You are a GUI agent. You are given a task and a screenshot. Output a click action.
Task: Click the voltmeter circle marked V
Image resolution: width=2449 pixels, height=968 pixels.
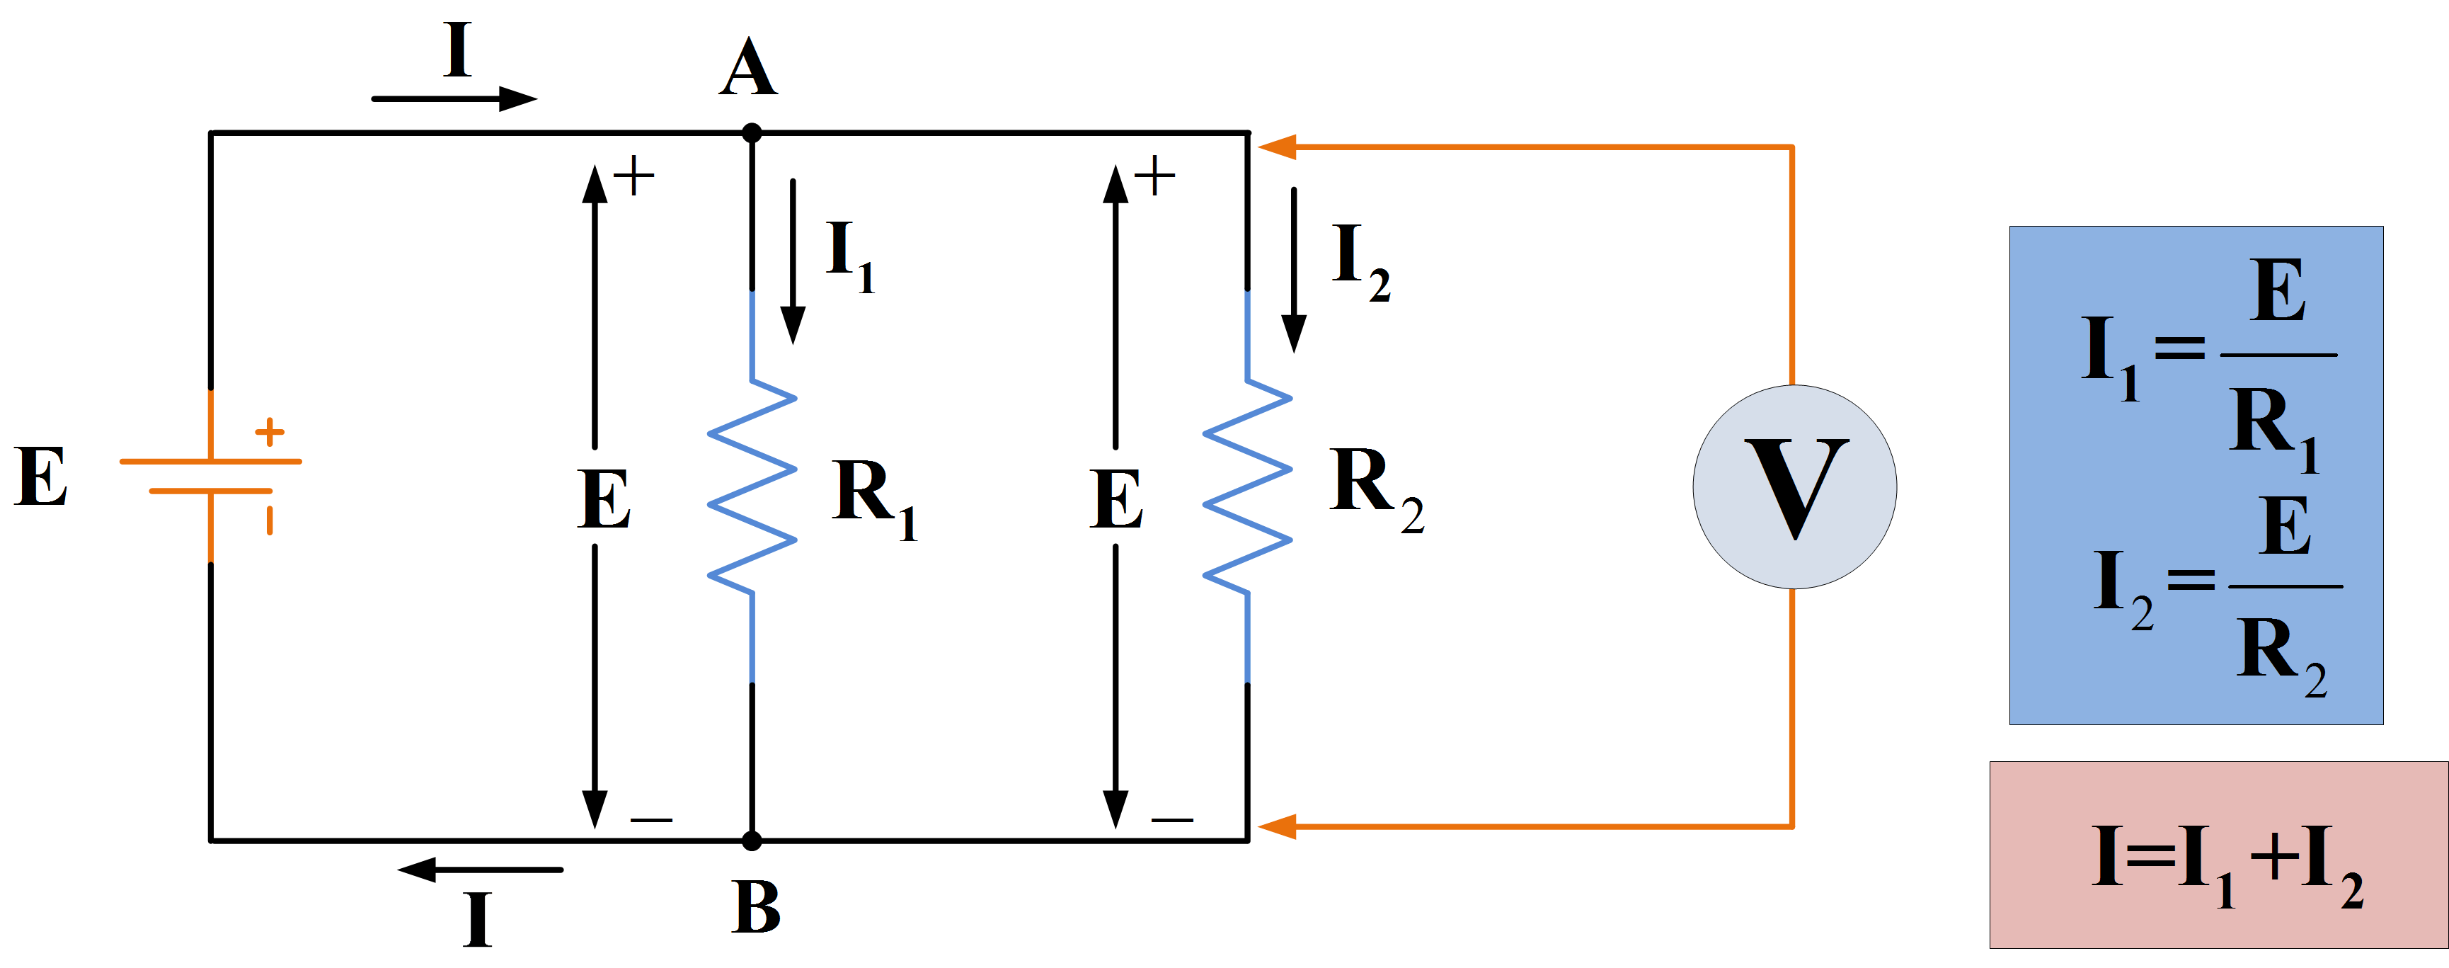(x=1794, y=487)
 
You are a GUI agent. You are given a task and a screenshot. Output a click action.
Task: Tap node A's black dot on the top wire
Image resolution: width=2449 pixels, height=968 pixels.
(x=751, y=132)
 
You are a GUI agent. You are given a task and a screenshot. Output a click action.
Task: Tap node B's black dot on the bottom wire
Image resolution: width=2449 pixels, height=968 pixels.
(x=751, y=841)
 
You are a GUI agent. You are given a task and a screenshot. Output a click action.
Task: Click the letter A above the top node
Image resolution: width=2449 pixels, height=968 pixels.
(x=748, y=69)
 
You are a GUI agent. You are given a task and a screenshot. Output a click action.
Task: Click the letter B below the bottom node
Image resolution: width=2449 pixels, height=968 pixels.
(x=756, y=907)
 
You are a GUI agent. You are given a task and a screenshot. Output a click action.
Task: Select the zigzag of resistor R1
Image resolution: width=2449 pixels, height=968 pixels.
(x=752, y=487)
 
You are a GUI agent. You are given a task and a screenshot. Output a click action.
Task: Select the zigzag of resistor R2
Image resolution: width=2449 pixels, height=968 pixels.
(x=1247, y=487)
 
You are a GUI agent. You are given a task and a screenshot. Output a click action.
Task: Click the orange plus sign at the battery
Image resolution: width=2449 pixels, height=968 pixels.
(x=270, y=432)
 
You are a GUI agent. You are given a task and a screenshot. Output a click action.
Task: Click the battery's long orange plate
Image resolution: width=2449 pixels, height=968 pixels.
(x=211, y=461)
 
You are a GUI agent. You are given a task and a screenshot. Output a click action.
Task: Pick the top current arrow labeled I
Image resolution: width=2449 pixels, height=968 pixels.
(x=454, y=98)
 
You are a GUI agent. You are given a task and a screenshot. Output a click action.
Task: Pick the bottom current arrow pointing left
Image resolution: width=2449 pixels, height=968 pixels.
(x=480, y=869)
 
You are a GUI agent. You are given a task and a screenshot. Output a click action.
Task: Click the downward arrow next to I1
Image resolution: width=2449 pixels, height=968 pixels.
(x=793, y=261)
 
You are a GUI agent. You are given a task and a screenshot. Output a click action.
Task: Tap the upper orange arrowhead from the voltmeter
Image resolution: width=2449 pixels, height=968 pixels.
(x=1277, y=147)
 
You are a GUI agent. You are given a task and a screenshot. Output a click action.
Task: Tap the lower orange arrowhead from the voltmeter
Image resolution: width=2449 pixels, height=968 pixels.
(x=1277, y=826)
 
